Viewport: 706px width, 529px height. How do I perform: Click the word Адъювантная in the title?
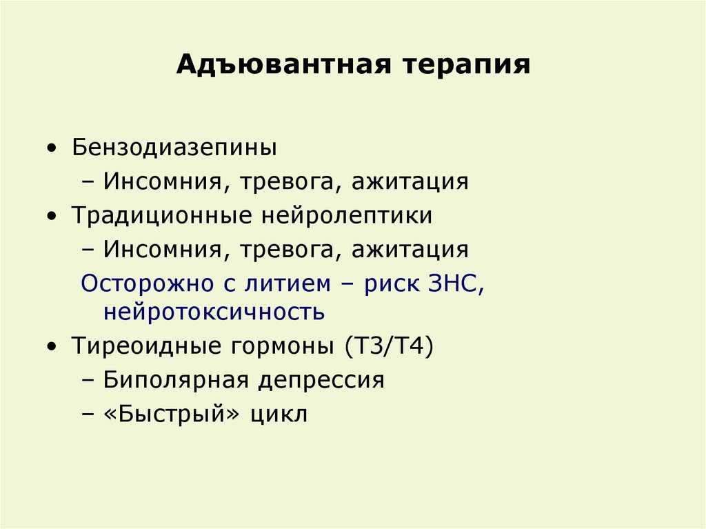click(x=283, y=64)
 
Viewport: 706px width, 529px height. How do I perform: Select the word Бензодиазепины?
click(x=174, y=148)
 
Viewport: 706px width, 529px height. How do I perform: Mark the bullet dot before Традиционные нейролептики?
click(x=52, y=216)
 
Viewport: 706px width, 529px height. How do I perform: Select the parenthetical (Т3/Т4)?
click(x=390, y=347)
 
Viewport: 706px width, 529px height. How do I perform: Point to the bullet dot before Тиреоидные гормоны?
click(x=52, y=346)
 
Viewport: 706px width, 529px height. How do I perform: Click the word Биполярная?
click(x=176, y=381)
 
